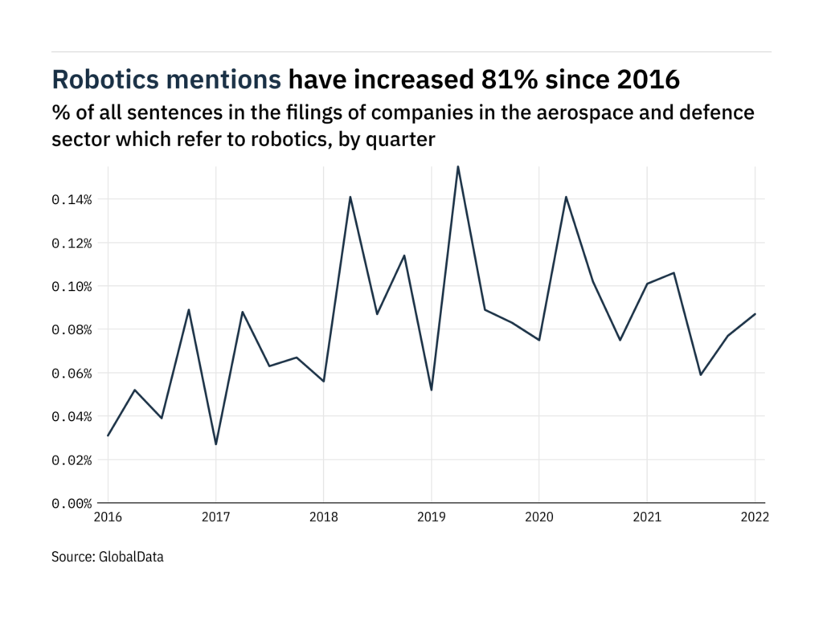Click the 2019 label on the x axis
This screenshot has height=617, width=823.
coord(432,519)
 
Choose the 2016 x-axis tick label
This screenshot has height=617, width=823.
coord(109,519)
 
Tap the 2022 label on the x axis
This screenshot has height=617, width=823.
coord(755,519)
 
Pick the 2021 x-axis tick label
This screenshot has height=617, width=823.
coord(647,519)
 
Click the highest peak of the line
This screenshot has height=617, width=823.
coord(458,166)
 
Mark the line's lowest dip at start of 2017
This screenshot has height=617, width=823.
coord(215,444)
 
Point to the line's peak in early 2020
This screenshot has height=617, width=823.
coord(566,197)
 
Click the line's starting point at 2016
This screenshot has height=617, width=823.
coord(109,435)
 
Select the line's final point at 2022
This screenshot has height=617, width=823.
coord(755,314)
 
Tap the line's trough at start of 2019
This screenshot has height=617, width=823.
coord(432,390)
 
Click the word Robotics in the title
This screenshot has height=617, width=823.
coord(105,80)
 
